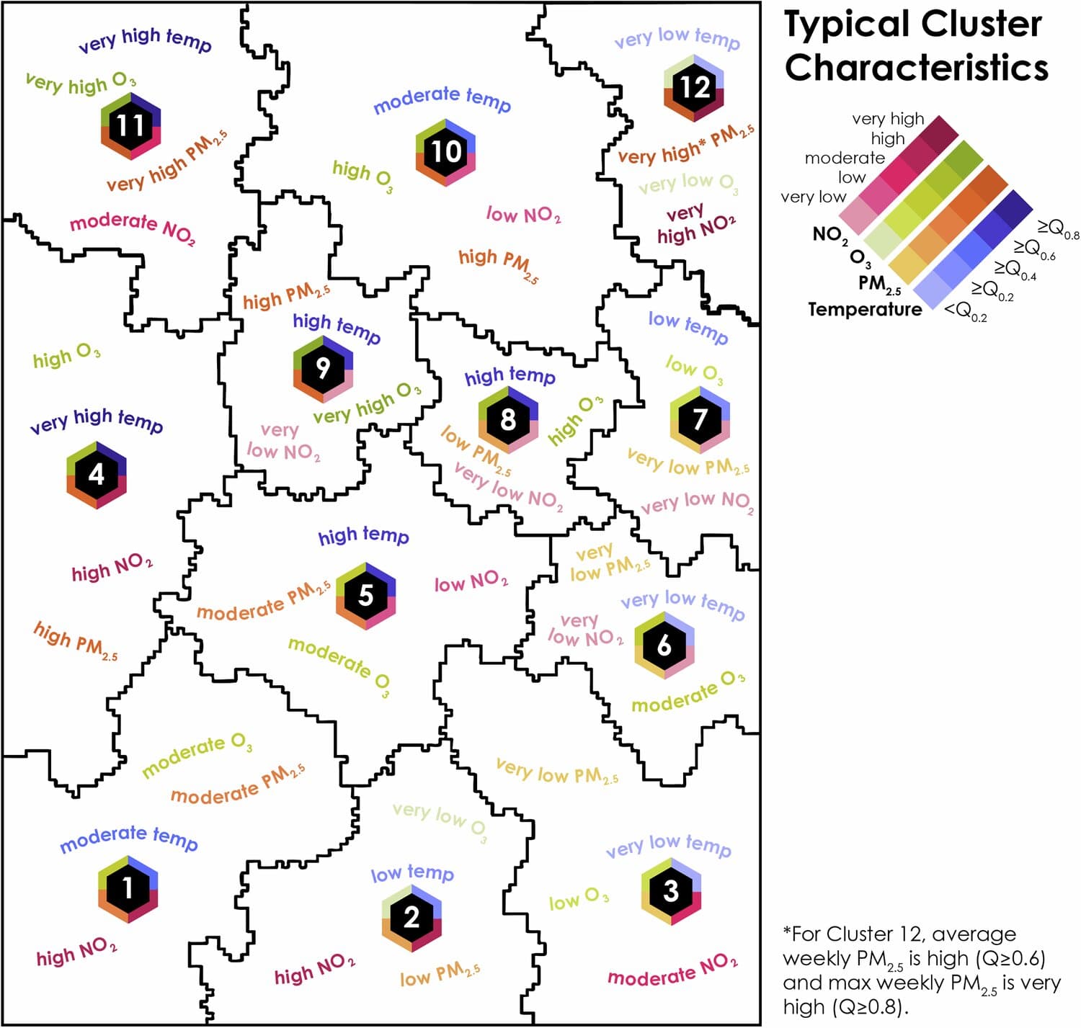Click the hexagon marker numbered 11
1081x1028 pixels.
(x=131, y=126)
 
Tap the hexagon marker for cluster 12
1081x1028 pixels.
(x=694, y=88)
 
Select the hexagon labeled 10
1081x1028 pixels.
(x=445, y=152)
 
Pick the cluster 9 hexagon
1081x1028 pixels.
(x=323, y=370)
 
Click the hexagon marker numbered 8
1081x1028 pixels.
(x=508, y=420)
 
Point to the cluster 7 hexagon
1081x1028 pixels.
(x=700, y=420)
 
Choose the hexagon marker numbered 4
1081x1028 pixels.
(x=97, y=475)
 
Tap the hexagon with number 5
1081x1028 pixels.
(x=365, y=595)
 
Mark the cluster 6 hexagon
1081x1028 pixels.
(x=664, y=645)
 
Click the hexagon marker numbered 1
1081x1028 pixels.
(x=128, y=889)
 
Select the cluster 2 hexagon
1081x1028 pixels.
(x=412, y=918)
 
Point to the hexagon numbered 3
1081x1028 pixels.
(x=672, y=891)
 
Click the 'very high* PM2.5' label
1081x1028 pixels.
(x=686, y=145)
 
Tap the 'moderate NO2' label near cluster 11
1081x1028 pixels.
(x=133, y=228)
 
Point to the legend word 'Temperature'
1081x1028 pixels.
(x=864, y=310)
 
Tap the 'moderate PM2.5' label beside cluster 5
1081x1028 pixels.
(x=264, y=602)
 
